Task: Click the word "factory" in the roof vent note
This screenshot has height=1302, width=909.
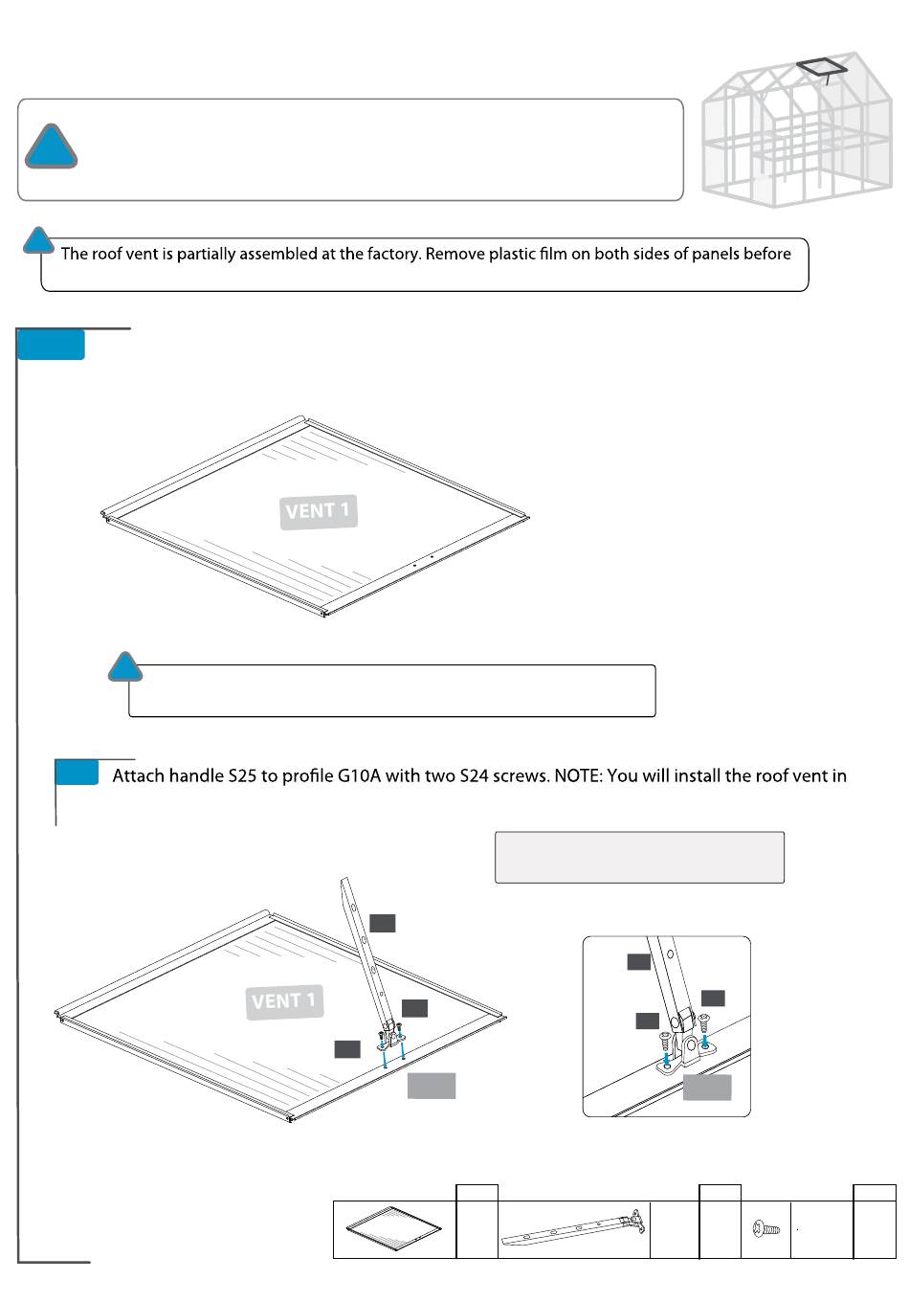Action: pos(394,255)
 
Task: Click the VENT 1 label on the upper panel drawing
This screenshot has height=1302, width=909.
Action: pos(319,510)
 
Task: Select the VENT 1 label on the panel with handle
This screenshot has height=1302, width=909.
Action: pos(284,1001)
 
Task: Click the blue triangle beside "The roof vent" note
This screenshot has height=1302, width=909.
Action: pos(38,241)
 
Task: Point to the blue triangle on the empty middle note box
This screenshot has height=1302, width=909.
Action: pos(124,667)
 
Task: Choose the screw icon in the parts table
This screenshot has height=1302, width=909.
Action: pos(766,1227)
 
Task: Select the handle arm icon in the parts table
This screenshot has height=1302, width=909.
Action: pos(574,1228)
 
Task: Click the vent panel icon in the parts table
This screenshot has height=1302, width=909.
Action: pos(394,1229)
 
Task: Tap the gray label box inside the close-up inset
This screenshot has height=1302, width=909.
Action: pos(706,1088)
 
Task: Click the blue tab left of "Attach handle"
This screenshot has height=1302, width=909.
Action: pos(77,773)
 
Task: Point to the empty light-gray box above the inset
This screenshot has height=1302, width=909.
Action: pos(639,857)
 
